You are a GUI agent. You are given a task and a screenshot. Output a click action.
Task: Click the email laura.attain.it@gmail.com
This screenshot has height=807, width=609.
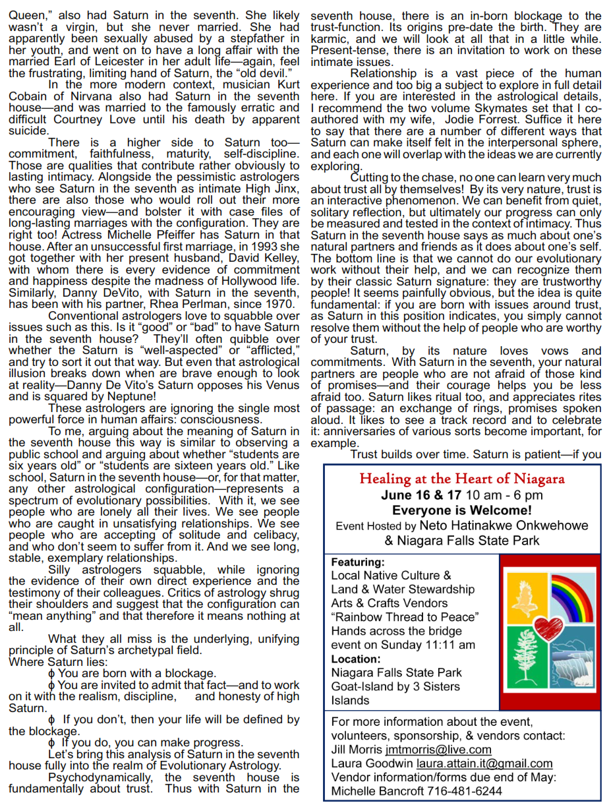coord(484,763)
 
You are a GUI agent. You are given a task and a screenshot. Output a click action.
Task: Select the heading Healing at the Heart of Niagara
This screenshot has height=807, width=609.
coord(462,479)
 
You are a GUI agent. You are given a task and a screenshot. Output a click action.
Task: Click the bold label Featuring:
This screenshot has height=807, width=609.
coord(357,562)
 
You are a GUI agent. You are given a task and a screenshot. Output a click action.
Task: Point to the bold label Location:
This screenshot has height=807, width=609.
coord(356,659)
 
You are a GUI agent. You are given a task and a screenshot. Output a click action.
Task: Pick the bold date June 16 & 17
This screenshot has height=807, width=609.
coord(421,495)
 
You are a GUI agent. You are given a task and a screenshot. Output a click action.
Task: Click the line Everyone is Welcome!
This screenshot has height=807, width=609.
coord(462,510)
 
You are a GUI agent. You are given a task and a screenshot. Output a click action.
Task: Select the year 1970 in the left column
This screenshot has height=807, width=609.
coord(278,304)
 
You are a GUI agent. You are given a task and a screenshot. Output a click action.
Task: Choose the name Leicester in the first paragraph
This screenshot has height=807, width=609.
coord(108,62)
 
